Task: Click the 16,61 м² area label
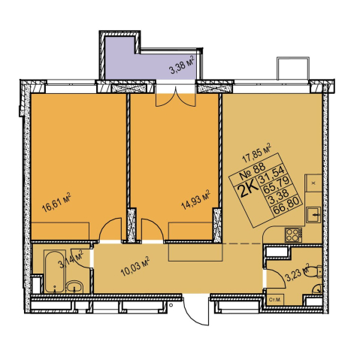click(56, 202)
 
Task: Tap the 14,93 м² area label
click(195, 200)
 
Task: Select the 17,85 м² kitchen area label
click(257, 153)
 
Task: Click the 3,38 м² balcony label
click(183, 66)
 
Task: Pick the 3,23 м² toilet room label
click(298, 272)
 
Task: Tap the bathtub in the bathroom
click(55, 271)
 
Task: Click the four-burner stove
click(293, 234)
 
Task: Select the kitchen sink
click(313, 214)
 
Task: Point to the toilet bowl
click(315, 271)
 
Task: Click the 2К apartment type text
click(249, 189)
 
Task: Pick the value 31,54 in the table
click(272, 177)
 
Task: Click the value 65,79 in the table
click(277, 187)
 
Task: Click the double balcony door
click(175, 97)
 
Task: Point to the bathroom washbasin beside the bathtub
click(75, 286)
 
